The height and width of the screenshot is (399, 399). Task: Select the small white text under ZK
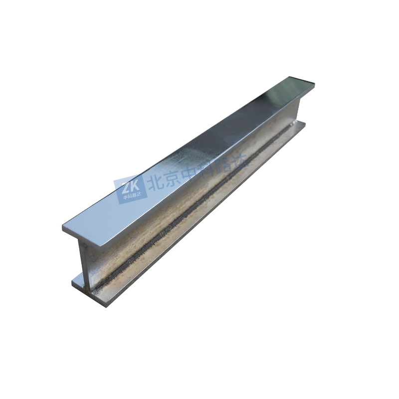point(129,196)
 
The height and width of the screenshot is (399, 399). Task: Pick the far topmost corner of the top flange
point(287,77)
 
